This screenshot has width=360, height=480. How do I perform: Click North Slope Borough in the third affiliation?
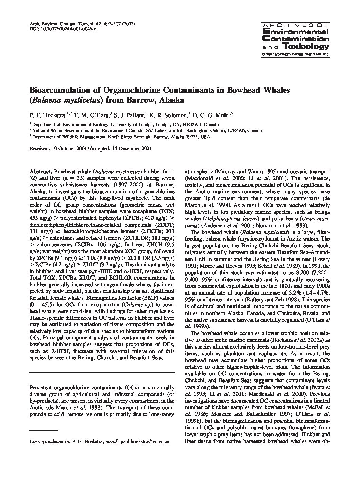coord(131,137)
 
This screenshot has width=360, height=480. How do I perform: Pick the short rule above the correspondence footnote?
coord(44,431)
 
